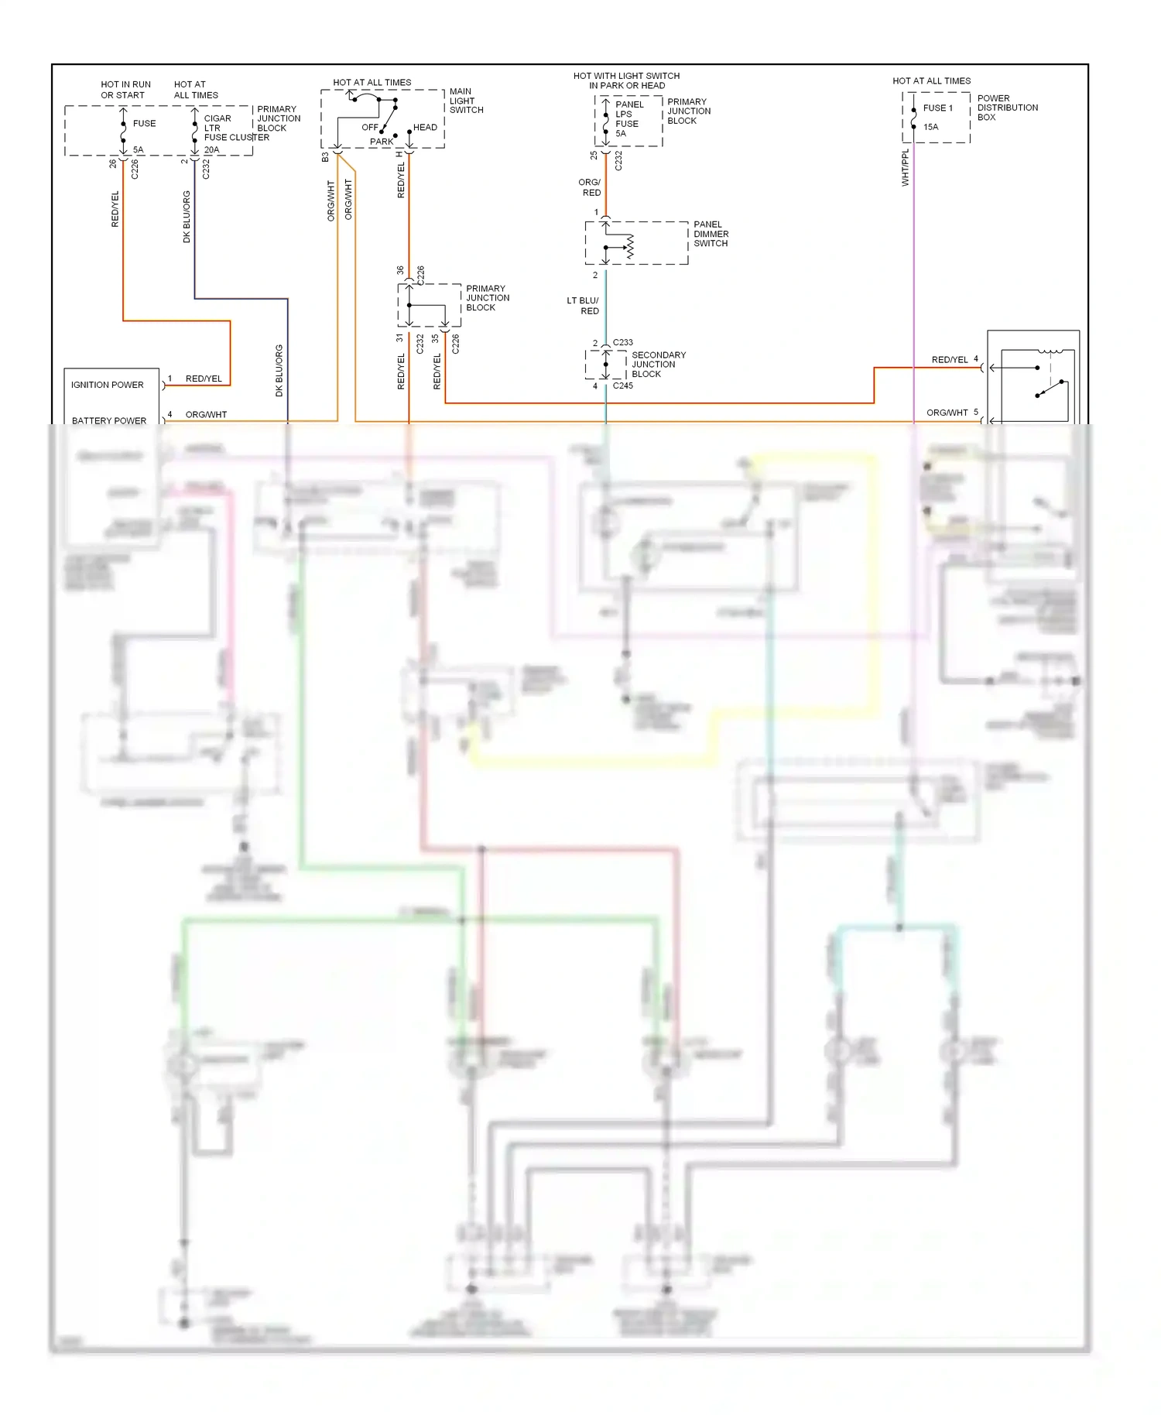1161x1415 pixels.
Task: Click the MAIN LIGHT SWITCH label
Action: (x=466, y=101)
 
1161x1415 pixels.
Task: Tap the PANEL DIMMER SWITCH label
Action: (x=710, y=234)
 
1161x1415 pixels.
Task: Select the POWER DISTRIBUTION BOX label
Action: (x=1006, y=108)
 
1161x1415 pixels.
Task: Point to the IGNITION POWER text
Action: (x=108, y=385)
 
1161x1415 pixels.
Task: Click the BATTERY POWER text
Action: (x=109, y=420)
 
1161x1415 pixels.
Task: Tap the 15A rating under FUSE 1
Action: (x=930, y=127)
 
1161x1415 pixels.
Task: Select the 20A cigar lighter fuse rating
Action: (x=211, y=149)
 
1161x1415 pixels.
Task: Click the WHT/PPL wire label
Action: (x=905, y=167)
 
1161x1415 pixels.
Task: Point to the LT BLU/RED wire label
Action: (x=584, y=306)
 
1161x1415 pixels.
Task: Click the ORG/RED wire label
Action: (x=590, y=187)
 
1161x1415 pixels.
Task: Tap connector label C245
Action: (x=622, y=385)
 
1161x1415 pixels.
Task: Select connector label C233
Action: (x=622, y=342)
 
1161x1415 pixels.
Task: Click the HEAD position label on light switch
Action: (x=425, y=127)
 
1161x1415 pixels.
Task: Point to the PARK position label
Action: (x=382, y=142)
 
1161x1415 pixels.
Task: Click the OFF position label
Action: (x=370, y=127)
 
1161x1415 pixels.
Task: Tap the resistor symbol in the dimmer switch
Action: (x=630, y=246)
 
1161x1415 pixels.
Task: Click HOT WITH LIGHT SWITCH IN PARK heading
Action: (x=626, y=81)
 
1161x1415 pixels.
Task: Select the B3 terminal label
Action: (x=325, y=156)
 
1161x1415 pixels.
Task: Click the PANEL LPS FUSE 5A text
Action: (x=626, y=118)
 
